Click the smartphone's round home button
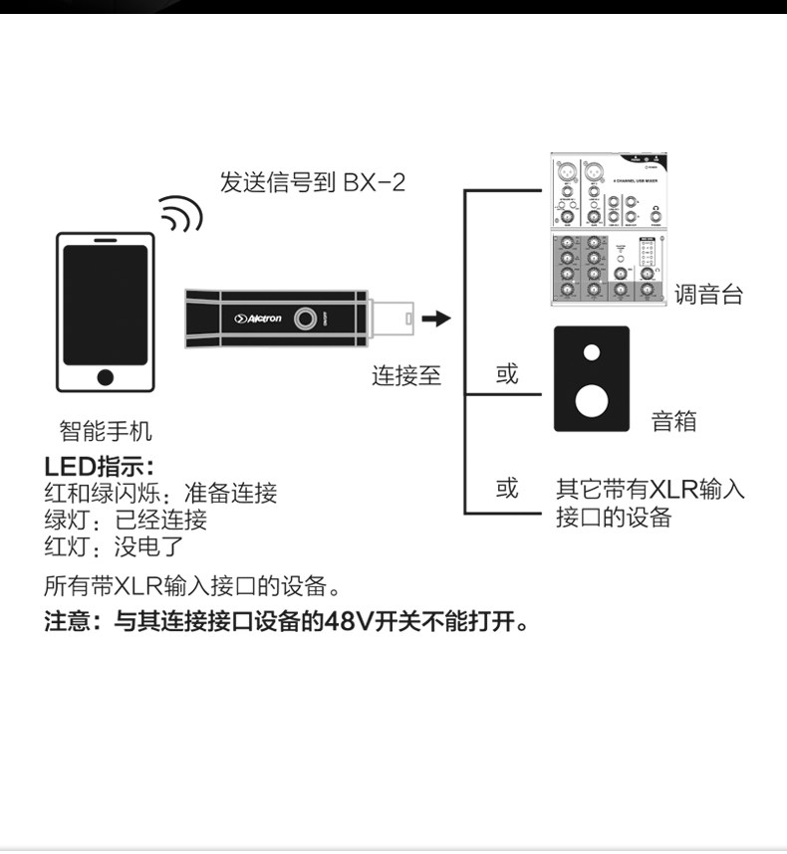tap(106, 377)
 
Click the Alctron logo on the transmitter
tap(258, 319)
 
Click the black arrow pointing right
tap(435, 319)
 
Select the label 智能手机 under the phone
tap(106, 431)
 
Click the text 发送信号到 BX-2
tap(313, 182)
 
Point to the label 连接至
tap(406, 376)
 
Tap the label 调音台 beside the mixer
tap(708, 295)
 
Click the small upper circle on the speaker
tap(592, 352)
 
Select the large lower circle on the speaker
tap(592, 398)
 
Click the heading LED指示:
tap(101, 466)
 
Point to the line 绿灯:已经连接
tap(126, 519)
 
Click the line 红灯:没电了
tap(114, 545)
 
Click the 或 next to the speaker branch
tap(507, 375)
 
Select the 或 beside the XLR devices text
tap(507, 489)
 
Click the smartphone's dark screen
tap(105, 305)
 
